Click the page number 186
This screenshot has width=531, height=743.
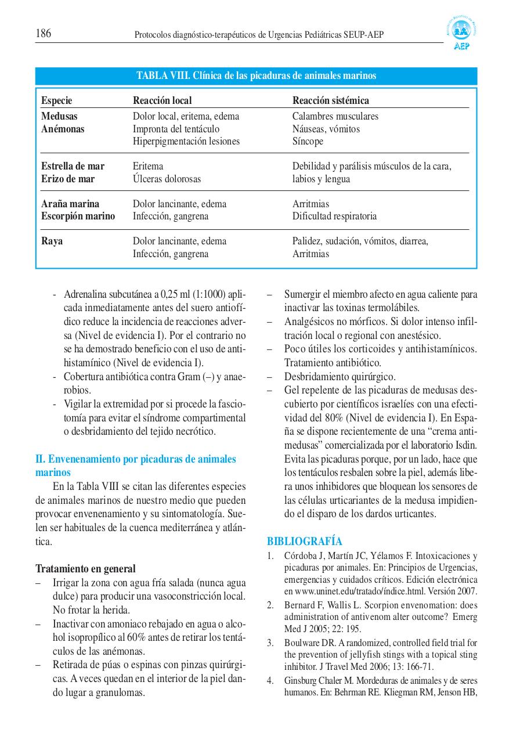tap(44, 34)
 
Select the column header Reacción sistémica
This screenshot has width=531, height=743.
tap(330, 100)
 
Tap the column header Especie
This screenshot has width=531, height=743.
tap(56, 100)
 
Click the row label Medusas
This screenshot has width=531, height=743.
tap(59, 116)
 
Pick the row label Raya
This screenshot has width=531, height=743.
tap(52, 241)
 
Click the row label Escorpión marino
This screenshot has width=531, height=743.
tap(78, 216)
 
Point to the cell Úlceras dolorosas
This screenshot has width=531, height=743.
tap(167, 179)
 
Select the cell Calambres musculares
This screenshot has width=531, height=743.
tap(335, 116)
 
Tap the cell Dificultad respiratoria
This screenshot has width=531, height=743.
tap(334, 216)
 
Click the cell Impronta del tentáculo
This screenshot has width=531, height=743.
tap(176, 129)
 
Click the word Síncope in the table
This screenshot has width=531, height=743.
tap(308, 141)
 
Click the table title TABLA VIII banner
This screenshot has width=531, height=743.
tap(256, 75)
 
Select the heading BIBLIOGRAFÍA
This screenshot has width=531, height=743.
tap(304, 541)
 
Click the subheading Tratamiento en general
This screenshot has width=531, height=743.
tap(85, 568)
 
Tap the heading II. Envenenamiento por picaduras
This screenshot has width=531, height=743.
tap(136, 459)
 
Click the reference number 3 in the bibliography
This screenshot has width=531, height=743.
tap(270, 643)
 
